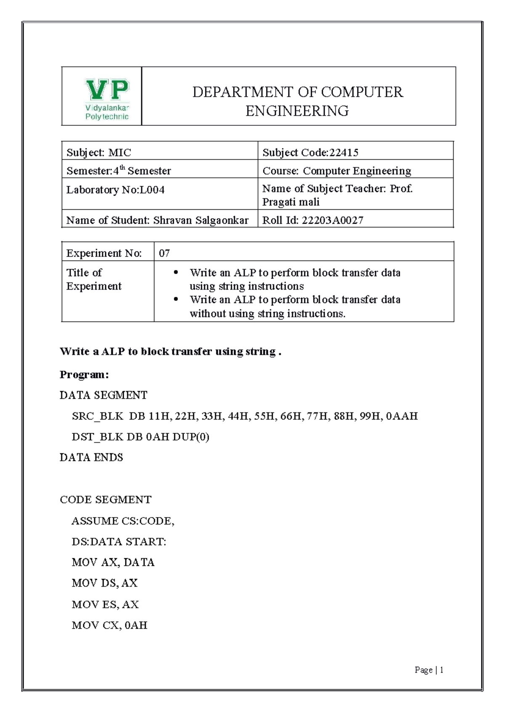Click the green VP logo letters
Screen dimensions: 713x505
click(x=107, y=90)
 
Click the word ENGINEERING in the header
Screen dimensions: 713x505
click(x=297, y=111)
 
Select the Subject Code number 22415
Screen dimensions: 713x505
click(x=344, y=153)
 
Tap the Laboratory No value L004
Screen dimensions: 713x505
click(x=152, y=190)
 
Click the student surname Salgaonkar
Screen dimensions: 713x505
click(x=222, y=220)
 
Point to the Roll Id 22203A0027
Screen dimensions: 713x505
click(x=332, y=220)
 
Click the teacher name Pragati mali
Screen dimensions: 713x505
click(x=291, y=202)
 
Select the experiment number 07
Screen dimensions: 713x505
click(x=164, y=253)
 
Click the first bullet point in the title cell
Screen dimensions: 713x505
click(x=176, y=273)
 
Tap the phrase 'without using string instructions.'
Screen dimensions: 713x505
click(x=267, y=314)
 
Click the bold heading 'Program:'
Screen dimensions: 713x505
click(x=84, y=374)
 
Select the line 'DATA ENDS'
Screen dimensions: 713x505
click(x=91, y=457)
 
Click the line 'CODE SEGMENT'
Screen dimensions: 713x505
click(x=105, y=499)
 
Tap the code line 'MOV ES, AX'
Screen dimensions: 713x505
click(x=105, y=605)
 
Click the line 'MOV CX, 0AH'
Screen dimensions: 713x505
click(x=109, y=625)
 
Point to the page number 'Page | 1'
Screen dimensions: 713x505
click(x=429, y=670)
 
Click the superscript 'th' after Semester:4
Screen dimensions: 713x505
click(x=122, y=167)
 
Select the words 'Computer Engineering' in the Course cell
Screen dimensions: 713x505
click(x=357, y=171)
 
